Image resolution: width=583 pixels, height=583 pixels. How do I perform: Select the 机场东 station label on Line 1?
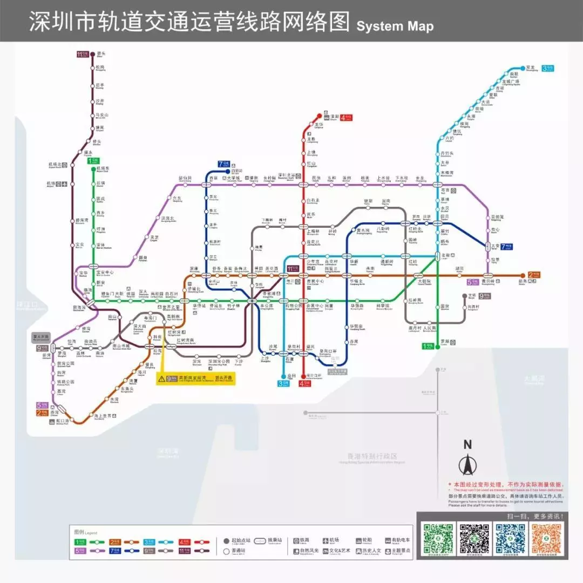point(103,170)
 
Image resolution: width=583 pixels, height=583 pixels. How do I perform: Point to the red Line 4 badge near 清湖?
point(346,117)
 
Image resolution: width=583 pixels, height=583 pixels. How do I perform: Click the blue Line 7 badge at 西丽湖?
point(223,164)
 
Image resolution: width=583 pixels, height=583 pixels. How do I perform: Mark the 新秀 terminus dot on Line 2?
point(522,275)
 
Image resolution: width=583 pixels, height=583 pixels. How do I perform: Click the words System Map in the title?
point(395,26)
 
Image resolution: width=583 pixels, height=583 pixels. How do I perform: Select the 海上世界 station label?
point(103,416)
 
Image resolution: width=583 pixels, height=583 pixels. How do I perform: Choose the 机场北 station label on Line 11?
point(54,165)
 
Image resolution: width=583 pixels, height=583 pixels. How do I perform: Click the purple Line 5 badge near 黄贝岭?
point(473,281)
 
